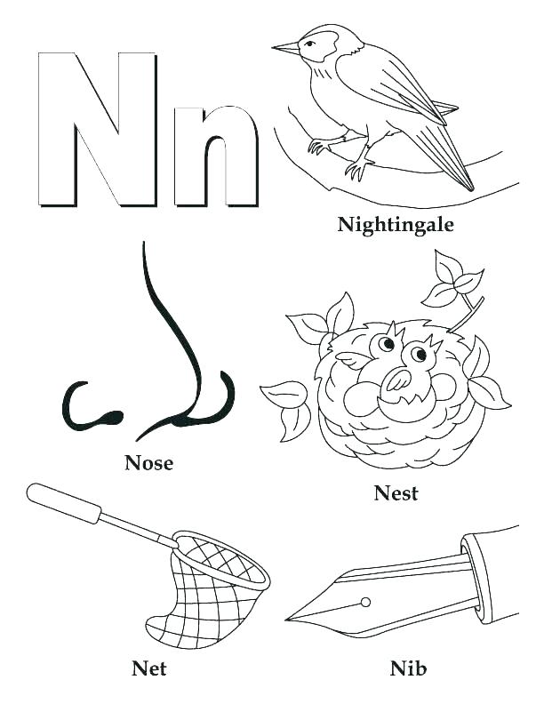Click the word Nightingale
pyautogui.click(x=396, y=225)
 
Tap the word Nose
pyautogui.click(x=148, y=463)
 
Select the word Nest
pyautogui.click(x=396, y=493)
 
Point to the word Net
pyautogui.click(x=148, y=667)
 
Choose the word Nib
pyautogui.click(x=408, y=667)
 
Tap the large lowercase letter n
pyautogui.click(x=215, y=156)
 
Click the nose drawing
pyautogui.click(x=169, y=356)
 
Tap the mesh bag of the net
pyautogui.click(x=213, y=582)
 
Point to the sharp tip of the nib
pyautogui.click(x=290, y=619)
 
